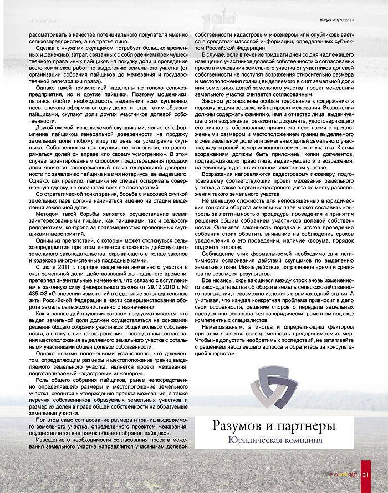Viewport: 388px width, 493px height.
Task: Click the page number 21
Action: coord(366,474)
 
